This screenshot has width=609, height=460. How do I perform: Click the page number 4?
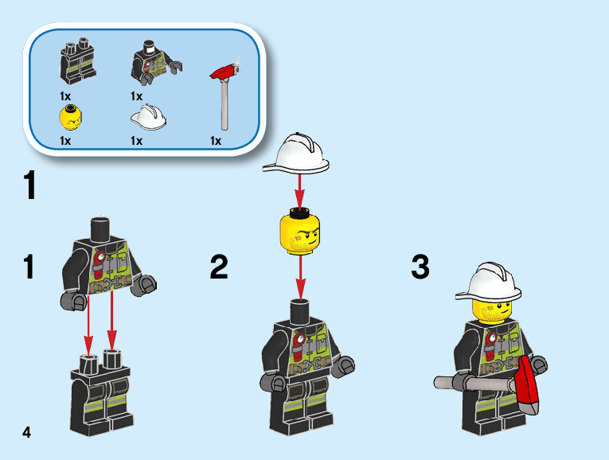27,432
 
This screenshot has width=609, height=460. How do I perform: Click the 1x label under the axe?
215,141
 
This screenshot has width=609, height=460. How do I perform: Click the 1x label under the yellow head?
65,141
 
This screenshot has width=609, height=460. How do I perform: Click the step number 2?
219,267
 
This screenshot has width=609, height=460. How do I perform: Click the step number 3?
420,267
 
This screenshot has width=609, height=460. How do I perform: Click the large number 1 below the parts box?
29,187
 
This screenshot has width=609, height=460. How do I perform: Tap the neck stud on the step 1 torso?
102,228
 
